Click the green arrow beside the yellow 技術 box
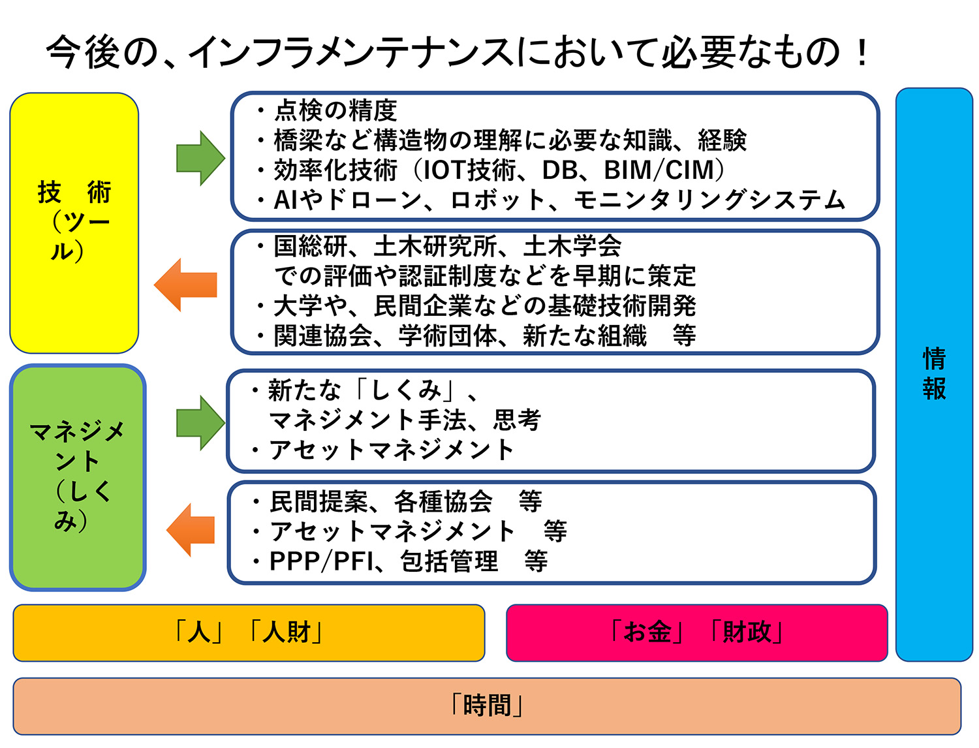point(200,159)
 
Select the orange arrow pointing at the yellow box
point(185,285)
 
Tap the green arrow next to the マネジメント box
point(200,423)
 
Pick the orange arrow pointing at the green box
point(191,530)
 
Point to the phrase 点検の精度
point(335,110)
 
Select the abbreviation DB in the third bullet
point(560,170)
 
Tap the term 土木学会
point(572,246)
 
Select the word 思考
point(517,420)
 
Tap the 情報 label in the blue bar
point(934,373)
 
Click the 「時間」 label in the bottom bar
point(487,706)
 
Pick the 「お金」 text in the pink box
point(647,632)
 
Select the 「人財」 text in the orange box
point(286,632)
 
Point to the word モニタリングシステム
point(709,200)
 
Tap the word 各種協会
point(443,502)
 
